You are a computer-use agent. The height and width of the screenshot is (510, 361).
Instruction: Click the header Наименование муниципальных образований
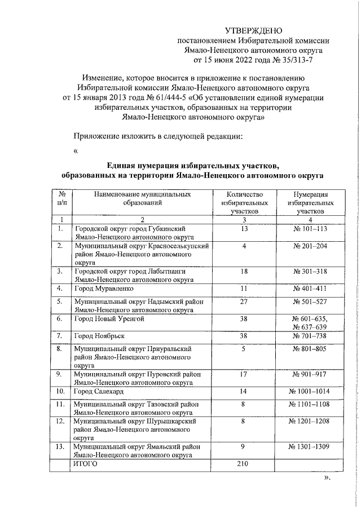(x=143, y=198)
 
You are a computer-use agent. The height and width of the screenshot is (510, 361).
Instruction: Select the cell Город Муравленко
(x=102, y=288)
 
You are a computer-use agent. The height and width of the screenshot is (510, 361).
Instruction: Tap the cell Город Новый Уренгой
(x=106, y=319)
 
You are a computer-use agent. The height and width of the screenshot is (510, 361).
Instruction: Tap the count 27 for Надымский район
(x=244, y=301)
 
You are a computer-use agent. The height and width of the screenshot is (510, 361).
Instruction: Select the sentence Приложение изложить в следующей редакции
(x=159, y=136)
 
